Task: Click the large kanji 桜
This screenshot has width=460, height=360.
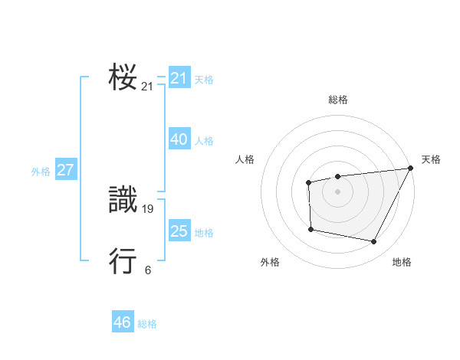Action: coord(123,77)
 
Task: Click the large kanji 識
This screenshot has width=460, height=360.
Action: coord(123,201)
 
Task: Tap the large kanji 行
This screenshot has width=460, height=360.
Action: coord(123,261)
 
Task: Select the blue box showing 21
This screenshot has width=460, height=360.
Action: coord(179,78)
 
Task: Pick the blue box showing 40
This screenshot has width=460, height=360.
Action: coord(179,139)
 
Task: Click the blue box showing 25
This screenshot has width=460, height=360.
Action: coord(179,231)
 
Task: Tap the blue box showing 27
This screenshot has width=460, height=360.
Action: coord(65,170)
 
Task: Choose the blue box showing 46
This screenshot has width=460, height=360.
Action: coord(123,322)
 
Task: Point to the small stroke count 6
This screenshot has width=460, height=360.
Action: coord(148,270)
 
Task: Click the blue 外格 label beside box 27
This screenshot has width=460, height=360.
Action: coord(41,172)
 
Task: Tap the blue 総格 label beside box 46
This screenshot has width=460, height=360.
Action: coord(147,324)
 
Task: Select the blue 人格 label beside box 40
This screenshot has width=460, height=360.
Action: coord(204,141)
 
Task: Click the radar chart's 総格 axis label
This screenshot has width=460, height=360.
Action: coord(338,100)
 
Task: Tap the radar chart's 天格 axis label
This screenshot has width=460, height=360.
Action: coord(431,159)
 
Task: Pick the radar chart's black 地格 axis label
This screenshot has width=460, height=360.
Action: coord(402,262)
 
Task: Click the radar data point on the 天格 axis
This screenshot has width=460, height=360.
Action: coord(411,168)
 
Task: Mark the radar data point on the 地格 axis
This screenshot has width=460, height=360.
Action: coord(374,242)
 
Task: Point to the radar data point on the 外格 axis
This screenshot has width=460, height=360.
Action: coord(310,229)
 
